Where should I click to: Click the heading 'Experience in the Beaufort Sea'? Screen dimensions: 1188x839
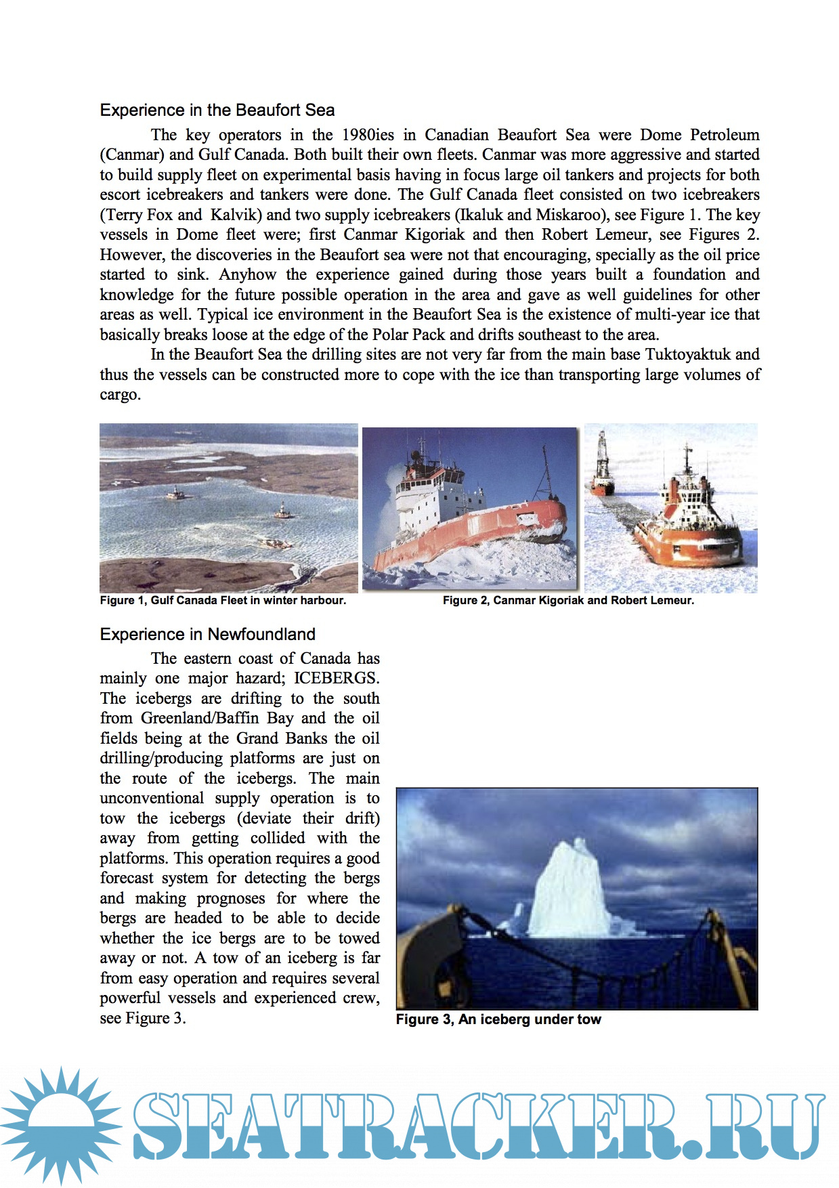(x=217, y=110)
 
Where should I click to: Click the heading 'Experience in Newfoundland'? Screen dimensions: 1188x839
(x=207, y=635)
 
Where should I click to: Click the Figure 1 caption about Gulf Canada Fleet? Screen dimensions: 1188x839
(x=223, y=601)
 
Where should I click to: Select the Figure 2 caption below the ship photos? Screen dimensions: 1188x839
(x=568, y=601)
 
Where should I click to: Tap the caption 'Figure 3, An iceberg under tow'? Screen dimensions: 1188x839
(x=498, y=1020)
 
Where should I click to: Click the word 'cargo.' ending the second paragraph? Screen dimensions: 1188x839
(x=121, y=395)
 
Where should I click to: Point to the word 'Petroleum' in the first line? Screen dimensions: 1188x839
(x=725, y=135)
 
